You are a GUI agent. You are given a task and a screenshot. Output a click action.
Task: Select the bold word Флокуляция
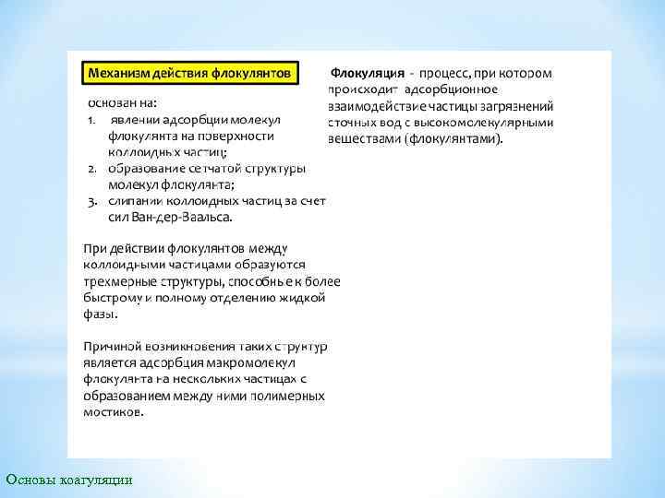click(368, 72)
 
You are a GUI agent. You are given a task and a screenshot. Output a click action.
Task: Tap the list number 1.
click(92, 120)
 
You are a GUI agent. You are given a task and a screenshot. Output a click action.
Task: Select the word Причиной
click(112, 346)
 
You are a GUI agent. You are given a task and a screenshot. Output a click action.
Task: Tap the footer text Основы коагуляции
click(68, 480)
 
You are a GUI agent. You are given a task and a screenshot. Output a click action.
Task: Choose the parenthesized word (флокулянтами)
click(457, 139)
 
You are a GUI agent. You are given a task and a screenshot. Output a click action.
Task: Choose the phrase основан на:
click(123, 103)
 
